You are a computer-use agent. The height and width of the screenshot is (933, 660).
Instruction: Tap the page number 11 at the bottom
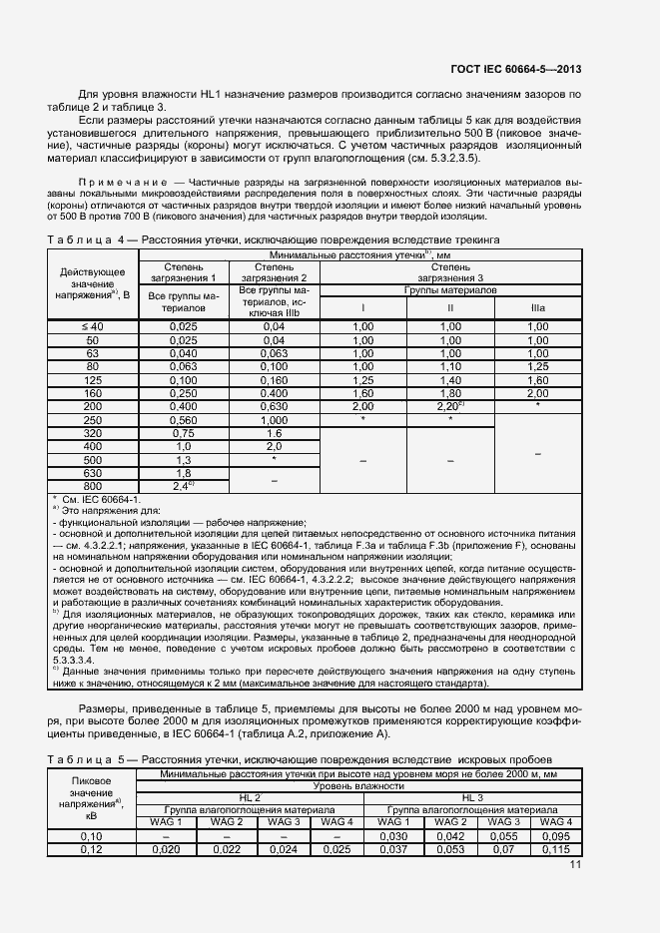coord(574,864)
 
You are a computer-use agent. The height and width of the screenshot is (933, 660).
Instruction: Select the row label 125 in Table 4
coord(92,380)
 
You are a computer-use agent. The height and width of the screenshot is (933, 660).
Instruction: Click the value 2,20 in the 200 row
coord(448,407)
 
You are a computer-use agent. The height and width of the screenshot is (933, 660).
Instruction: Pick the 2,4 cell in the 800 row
coord(183,485)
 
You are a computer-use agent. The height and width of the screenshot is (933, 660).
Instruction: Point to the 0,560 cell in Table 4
coord(183,420)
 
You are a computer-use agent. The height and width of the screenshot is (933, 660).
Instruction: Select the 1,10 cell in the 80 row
coord(448,366)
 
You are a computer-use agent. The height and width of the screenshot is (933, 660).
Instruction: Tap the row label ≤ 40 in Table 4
coord(92,326)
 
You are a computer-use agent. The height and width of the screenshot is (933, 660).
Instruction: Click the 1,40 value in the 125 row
coord(448,380)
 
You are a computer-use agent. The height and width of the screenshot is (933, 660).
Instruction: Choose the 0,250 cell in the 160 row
coord(183,393)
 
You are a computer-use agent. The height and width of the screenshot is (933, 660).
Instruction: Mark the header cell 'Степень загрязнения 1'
coord(183,272)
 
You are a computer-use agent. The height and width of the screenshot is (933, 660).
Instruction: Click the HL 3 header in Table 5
coord(471,798)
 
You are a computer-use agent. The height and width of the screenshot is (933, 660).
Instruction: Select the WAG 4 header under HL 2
coord(337,821)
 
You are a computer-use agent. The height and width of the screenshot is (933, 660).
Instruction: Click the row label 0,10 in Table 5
coord(92,835)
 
